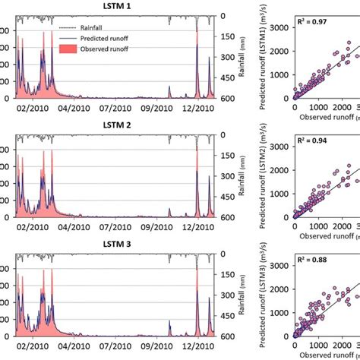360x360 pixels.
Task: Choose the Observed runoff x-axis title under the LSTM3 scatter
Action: point(324,354)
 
